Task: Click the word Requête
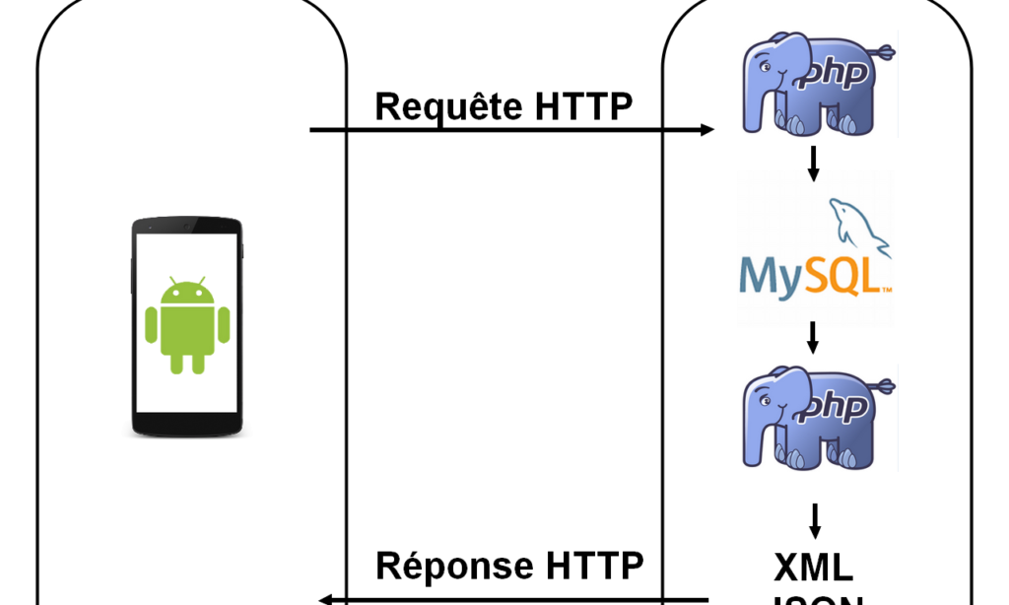click(449, 106)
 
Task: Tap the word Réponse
click(450, 567)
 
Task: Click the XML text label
click(814, 569)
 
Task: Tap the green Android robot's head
click(187, 292)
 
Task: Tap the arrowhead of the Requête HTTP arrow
click(706, 130)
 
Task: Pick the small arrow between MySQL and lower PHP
click(814, 338)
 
